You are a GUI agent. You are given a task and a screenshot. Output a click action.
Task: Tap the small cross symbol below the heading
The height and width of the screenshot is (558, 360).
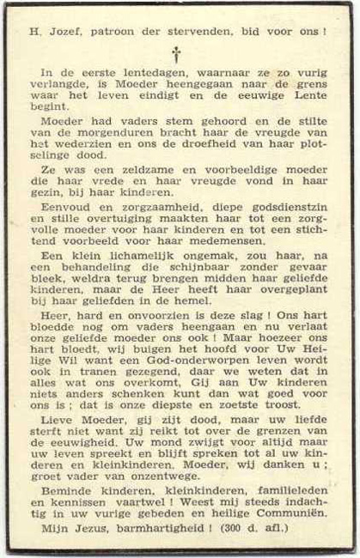pos(177,54)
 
